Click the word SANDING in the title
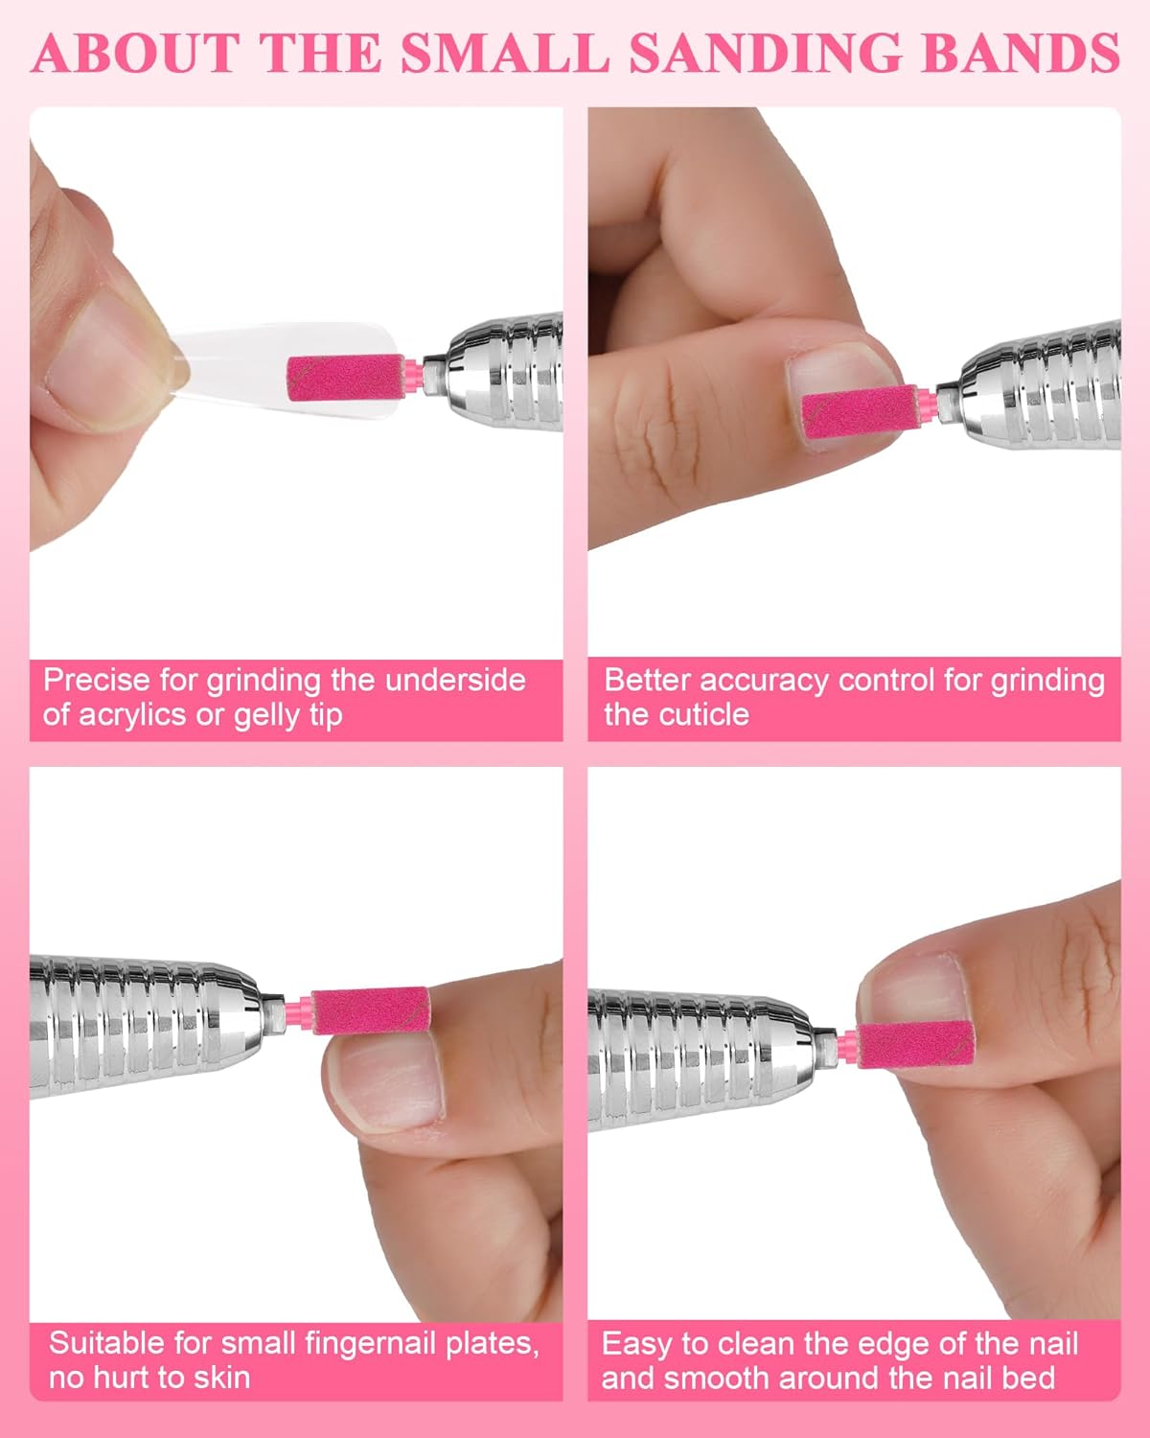coord(765,53)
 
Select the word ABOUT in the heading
coord(136,53)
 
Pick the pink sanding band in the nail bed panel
coord(916,1044)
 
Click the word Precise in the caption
coord(97,681)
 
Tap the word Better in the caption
coord(647,681)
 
